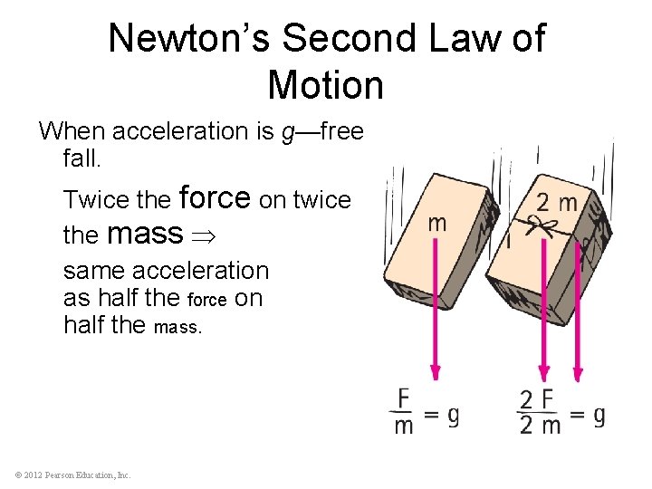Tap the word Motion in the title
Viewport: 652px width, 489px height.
point(326,85)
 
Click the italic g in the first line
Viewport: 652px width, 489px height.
point(288,132)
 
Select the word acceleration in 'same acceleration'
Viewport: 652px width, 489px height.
point(200,271)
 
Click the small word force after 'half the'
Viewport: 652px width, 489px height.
point(206,300)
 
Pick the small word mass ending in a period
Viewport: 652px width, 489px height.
point(178,326)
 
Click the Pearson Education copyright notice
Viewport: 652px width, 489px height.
point(72,475)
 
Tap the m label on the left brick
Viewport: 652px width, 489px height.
point(436,223)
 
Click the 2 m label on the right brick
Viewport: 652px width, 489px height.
point(556,203)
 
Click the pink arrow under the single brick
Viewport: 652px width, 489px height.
point(436,308)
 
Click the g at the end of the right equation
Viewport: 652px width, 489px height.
point(599,415)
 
